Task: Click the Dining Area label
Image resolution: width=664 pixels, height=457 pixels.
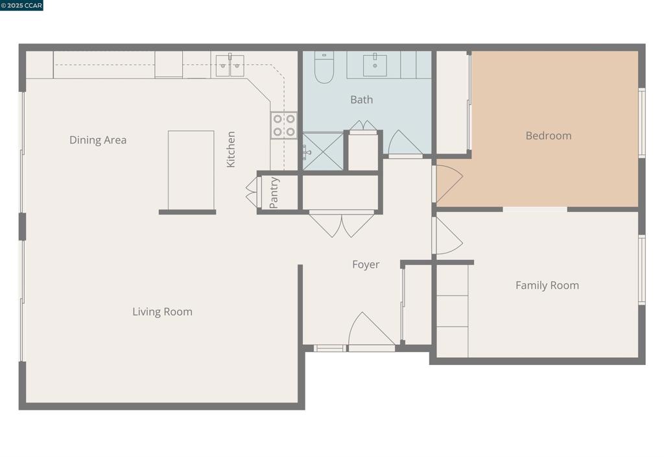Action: tap(98, 140)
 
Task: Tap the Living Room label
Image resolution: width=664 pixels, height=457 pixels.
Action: tap(162, 312)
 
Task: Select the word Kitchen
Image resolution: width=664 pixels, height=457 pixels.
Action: tap(231, 150)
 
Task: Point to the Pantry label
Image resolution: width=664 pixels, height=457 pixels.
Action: tap(274, 193)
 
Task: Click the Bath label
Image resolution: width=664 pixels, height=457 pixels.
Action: tap(361, 100)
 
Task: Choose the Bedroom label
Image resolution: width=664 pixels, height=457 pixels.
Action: tap(548, 135)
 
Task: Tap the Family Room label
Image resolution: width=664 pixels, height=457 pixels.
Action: tap(547, 285)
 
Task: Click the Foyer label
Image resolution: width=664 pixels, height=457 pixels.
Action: tap(366, 264)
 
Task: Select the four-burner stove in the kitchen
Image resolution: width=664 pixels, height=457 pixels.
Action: tap(284, 125)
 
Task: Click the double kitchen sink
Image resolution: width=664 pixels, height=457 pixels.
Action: tap(230, 65)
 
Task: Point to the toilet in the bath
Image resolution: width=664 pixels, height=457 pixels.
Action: tap(324, 68)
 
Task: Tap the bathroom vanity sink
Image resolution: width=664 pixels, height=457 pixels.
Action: tap(375, 65)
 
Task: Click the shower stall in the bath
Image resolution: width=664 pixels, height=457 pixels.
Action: tap(322, 152)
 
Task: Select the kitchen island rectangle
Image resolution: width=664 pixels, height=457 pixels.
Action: tap(191, 170)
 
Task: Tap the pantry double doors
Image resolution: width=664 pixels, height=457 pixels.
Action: tap(252, 193)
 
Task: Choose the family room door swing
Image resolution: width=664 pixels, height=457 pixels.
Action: tap(447, 236)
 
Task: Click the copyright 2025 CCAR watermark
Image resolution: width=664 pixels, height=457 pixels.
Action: tap(22, 5)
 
